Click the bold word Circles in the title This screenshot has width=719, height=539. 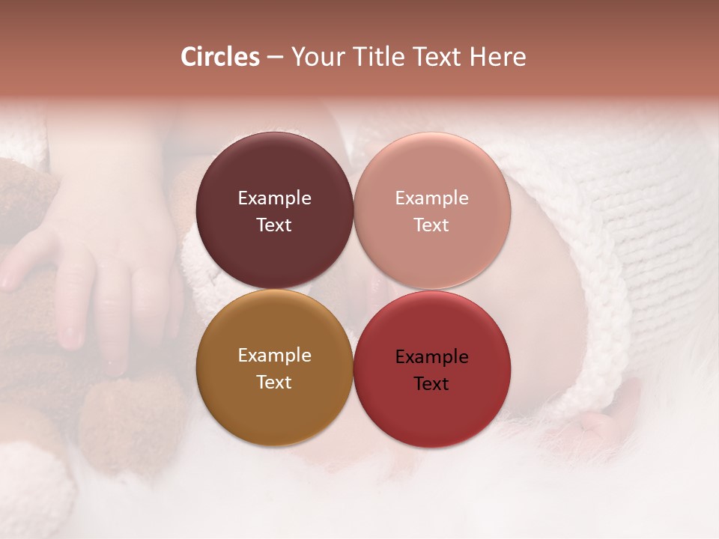219,57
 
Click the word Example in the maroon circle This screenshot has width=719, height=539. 274,198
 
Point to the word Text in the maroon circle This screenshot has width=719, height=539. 274,225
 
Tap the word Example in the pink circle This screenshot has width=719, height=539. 431,198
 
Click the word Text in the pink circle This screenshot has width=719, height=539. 431,225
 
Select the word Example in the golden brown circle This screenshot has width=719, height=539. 274,356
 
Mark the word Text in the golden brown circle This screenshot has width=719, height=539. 274,383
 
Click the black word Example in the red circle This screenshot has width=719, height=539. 431,357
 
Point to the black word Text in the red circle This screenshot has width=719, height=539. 431,384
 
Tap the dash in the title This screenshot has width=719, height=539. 274,58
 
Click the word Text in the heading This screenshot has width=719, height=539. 438,57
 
